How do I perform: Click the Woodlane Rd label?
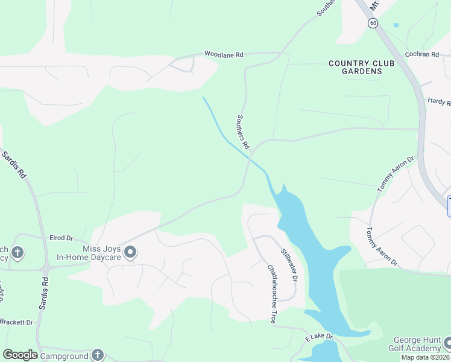click(x=224, y=54)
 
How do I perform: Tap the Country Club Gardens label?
click(x=362, y=67)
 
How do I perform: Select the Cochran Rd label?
click(x=422, y=54)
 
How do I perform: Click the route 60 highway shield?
click(x=373, y=23)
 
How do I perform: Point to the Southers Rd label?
click(x=243, y=132)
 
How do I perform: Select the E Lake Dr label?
click(x=315, y=335)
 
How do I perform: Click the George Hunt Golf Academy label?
click(x=417, y=345)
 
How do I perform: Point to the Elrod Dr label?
click(x=61, y=238)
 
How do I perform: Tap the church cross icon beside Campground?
click(x=98, y=355)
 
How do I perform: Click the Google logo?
click(x=20, y=355)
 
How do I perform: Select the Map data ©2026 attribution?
click(x=426, y=357)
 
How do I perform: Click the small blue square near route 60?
click(x=396, y=25)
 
